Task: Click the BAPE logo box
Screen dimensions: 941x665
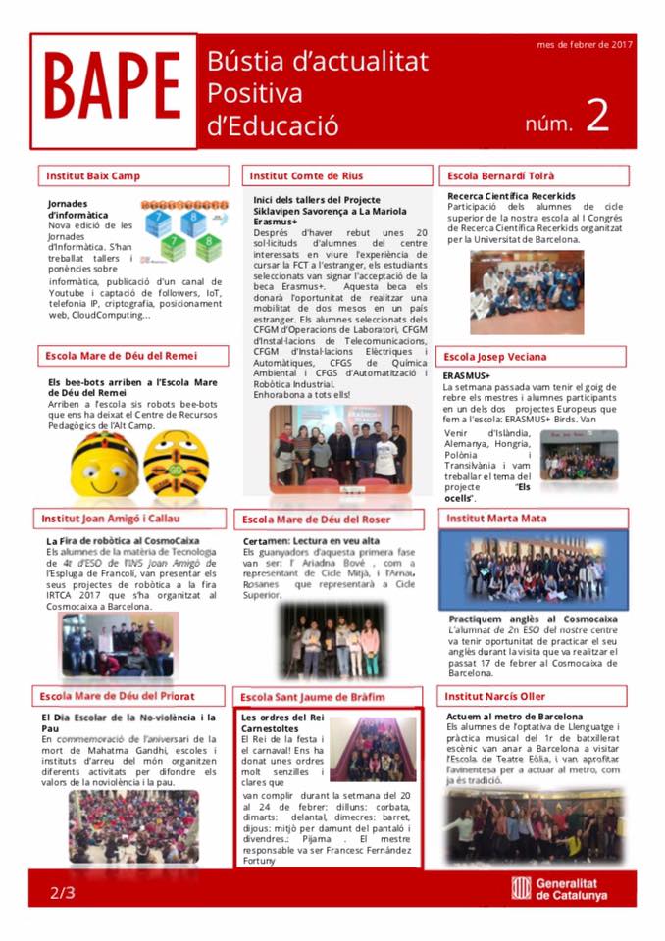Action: pos(113,90)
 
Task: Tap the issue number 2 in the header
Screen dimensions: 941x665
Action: pos(597,116)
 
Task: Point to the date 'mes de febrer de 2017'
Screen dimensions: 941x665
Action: pos(585,44)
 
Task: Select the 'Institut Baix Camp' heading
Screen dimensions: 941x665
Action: pos(93,176)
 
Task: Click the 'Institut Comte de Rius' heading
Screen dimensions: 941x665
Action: pos(306,176)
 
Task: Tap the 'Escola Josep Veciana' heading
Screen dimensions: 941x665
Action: pos(495,356)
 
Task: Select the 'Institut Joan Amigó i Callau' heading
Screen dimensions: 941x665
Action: pos(111,518)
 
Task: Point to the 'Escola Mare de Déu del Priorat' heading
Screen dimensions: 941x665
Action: pos(117,696)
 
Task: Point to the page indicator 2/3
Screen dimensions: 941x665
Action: pos(62,893)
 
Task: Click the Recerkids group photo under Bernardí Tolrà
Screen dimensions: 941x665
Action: pos(526,292)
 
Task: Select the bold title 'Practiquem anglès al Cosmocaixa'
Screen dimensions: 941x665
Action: pos(533,619)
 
